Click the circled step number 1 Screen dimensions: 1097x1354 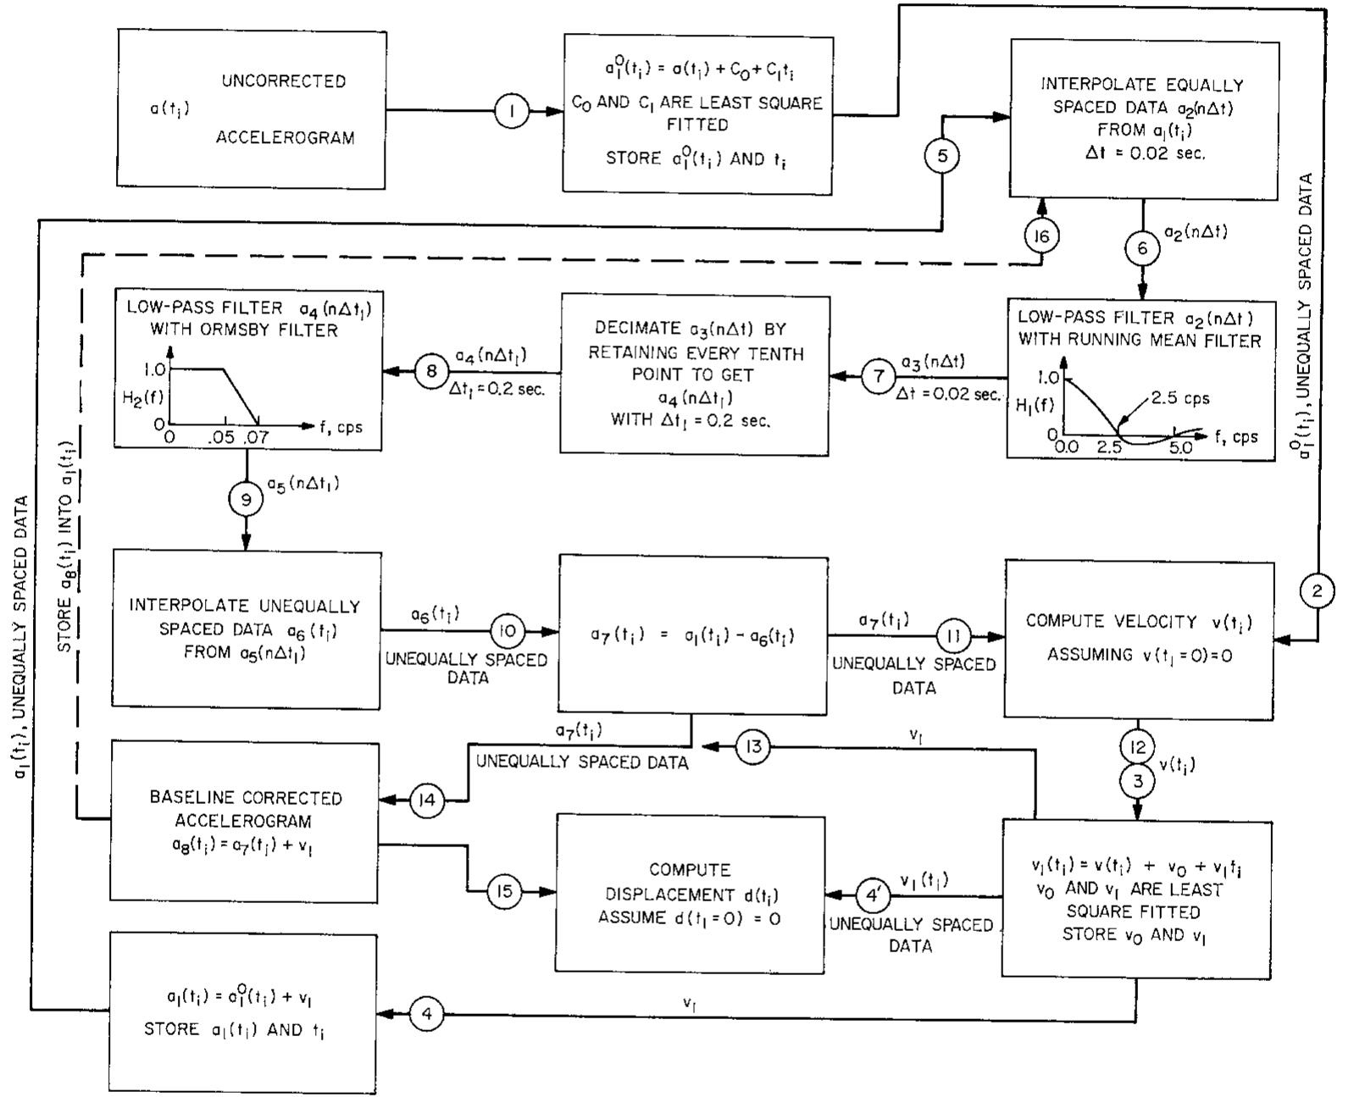[x=512, y=111]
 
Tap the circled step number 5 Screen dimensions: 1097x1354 [x=943, y=156]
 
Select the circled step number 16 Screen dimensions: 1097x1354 [x=1041, y=236]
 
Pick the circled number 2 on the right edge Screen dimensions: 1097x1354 [x=1317, y=591]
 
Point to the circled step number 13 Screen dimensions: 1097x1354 [x=753, y=746]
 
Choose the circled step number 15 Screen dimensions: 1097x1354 [x=505, y=891]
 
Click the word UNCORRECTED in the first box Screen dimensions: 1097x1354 [x=284, y=81]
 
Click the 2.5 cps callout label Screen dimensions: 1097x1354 [x=1180, y=398]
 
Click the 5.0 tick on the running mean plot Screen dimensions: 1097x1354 [x=1181, y=447]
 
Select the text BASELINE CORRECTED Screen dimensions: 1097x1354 [x=246, y=798]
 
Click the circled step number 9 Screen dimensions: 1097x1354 [x=246, y=499]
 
